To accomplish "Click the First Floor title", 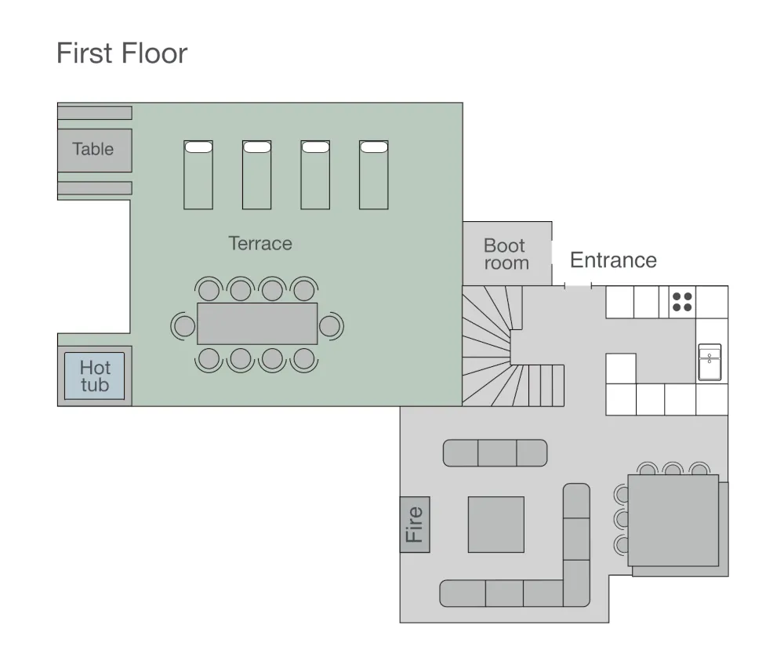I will (x=122, y=53).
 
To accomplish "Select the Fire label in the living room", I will (x=415, y=525).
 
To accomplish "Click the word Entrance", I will (x=613, y=260).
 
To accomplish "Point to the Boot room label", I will (x=505, y=254).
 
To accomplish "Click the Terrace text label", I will (x=260, y=243).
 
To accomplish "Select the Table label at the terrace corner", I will (x=93, y=149).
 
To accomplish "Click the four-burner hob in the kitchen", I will (x=682, y=302).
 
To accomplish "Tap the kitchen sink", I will (x=710, y=361).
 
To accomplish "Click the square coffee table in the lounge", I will (x=496, y=525).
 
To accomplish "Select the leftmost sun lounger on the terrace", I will (x=198, y=175).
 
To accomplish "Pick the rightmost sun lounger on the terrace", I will (x=374, y=175).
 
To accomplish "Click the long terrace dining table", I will (x=257, y=324).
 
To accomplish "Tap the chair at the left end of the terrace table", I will (x=184, y=325).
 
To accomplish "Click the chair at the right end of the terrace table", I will (x=330, y=325).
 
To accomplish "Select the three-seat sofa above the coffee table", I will (x=495, y=453).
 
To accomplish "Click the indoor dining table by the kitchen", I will (x=673, y=521).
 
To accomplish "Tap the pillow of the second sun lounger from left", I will (x=257, y=147).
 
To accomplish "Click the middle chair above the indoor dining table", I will (x=672, y=470).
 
